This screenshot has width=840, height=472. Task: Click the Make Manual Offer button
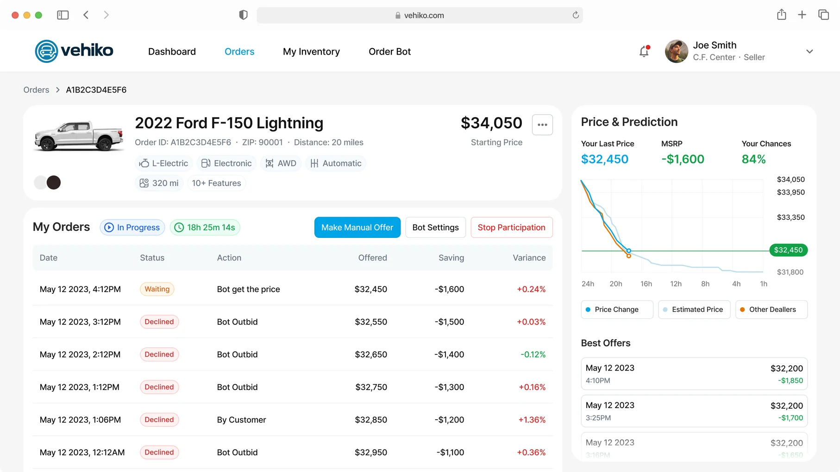(357, 227)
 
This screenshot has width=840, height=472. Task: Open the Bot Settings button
(435, 227)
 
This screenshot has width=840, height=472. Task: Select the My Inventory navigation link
(311, 51)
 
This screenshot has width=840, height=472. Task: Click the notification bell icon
(644, 51)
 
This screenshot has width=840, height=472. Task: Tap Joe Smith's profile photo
(677, 51)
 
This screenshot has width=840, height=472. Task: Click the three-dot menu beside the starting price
(542, 124)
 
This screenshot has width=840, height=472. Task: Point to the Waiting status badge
(157, 289)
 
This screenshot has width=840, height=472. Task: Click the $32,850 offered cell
(371, 420)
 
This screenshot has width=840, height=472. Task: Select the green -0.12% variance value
(533, 354)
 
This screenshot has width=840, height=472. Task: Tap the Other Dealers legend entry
(771, 310)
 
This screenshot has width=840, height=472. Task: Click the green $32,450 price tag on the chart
(788, 250)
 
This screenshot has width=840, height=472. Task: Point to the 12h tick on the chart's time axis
(676, 284)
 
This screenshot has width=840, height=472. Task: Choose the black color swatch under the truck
(54, 182)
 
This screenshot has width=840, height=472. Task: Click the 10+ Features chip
(216, 183)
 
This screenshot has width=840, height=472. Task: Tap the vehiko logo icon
(46, 51)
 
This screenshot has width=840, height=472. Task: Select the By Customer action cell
(242, 420)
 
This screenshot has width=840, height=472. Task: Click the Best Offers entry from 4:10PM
(694, 374)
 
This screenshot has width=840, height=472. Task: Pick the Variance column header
(529, 258)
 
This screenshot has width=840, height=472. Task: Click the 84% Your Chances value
(753, 159)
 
